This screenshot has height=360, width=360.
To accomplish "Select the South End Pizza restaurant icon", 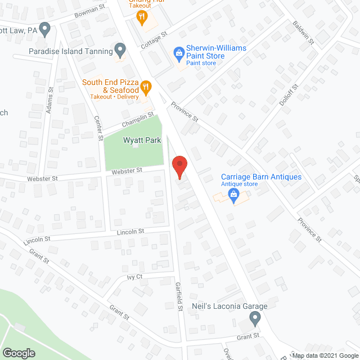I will click(146, 87).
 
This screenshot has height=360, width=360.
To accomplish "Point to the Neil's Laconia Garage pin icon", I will click(255, 319).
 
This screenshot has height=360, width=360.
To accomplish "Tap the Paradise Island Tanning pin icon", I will click(119, 49).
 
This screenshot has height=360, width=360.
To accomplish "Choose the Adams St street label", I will click(50, 101).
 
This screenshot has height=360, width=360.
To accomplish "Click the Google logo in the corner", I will click(18, 353).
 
